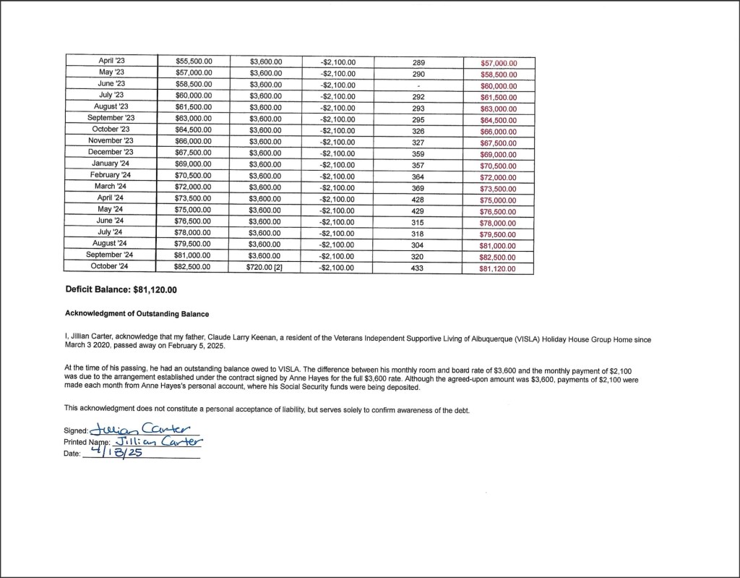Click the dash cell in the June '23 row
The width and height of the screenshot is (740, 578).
point(418,85)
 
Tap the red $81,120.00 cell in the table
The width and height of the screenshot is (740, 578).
point(498,268)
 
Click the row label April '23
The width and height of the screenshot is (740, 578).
point(111,62)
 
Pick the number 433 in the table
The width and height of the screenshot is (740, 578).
point(418,267)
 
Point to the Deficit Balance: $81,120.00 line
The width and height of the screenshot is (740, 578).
point(121,289)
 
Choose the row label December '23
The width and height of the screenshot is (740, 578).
point(111,152)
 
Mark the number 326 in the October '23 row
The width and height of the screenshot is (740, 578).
point(418,130)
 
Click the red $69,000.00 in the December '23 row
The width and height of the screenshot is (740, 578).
point(498,154)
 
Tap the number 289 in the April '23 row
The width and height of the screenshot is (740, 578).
point(418,62)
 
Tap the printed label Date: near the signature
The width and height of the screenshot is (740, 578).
point(72,454)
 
